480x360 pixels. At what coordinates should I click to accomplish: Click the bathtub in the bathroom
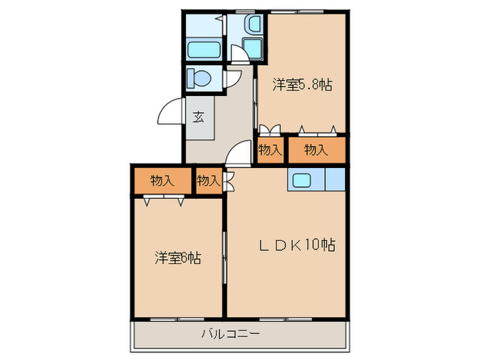coord(203,50)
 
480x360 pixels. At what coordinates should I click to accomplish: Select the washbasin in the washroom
coord(253,26)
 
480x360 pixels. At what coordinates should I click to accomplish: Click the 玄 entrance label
coord(198,117)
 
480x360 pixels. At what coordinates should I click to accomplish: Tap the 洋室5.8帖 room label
coord(302,85)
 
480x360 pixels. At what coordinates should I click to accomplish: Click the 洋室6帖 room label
coord(178,259)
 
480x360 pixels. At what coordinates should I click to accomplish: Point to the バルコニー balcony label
coord(230,335)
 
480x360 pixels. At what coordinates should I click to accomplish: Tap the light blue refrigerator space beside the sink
coord(335,179)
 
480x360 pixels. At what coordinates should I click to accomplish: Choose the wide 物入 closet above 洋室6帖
coord(162,181)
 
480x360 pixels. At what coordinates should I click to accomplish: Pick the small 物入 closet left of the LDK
coord(208,181)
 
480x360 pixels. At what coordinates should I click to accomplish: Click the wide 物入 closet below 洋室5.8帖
coord(315,149)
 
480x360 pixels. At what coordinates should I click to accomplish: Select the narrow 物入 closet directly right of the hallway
coord(269,149)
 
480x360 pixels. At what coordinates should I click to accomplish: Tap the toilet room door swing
coord(235,79)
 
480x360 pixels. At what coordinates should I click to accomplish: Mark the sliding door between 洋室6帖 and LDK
coord(225,257)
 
